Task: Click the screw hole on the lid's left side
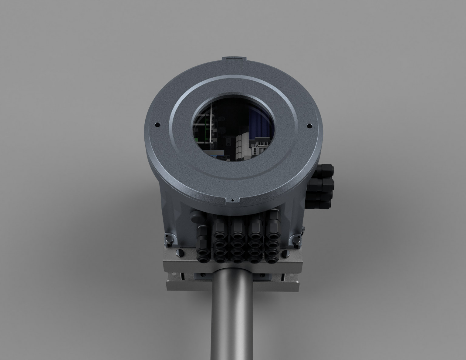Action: click(x=157, y=124)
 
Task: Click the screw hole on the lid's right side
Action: click(x=309, y=125)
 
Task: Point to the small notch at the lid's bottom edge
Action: click(x=232, y=200)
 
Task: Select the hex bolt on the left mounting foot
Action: click(x=169, y=240)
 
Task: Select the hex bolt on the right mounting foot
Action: click(x=296, y=241)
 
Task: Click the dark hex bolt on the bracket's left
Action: click(x=180, y=252)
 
